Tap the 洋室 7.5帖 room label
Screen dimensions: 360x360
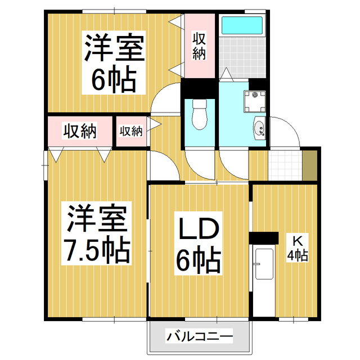(97, 233)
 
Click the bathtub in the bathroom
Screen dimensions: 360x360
(242, 26)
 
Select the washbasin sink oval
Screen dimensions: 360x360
(260, 129)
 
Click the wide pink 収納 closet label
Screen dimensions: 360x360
(79, 131)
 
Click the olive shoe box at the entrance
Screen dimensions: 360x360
(309, 164)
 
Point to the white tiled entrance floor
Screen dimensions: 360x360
(286, 165)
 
